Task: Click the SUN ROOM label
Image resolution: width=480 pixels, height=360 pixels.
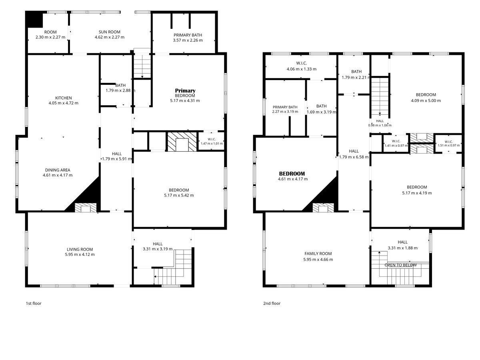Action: click(x=109, y=32)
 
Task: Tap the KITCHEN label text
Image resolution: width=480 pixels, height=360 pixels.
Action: click(x=64, y=98)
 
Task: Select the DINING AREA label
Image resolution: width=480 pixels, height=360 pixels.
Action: click(x=58, y=170)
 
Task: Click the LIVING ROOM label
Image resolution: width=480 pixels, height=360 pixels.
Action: click(x=80, y=249)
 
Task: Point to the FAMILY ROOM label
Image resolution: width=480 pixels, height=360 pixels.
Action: click(x=318, y=254)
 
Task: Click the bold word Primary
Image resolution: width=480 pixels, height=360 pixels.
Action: click(x=185, y=90)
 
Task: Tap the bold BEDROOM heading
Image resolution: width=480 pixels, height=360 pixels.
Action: click(x=292, y=174)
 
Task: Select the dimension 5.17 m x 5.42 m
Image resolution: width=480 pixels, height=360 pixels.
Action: click(x=179, y=196)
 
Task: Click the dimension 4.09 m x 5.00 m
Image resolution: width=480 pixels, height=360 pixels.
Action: click(x=426, y=101)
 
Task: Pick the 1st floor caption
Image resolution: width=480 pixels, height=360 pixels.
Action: click(x=34, y=303)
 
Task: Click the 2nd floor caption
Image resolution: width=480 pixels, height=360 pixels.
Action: click(x=272, y=303)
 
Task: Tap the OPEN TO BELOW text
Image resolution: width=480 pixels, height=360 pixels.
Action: click(x=401, y=265)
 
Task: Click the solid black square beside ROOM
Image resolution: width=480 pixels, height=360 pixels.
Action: click(x=35, y=20)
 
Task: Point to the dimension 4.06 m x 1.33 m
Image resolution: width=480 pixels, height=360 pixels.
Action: click(x=302, y=69)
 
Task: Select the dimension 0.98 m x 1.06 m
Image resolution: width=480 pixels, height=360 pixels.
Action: click(x=380, y=126)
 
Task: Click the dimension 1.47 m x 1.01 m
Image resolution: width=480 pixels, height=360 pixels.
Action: click(x=212, y=144)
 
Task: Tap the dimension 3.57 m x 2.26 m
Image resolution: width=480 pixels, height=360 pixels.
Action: click(x=188, y=40)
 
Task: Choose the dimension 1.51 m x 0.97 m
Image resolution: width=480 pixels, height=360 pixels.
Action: click(x=448, y=145)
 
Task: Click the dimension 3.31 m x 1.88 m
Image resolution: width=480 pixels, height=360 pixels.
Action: click(x=403, y=248)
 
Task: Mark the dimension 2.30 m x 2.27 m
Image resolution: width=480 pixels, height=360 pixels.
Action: click(x=50, y=37)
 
